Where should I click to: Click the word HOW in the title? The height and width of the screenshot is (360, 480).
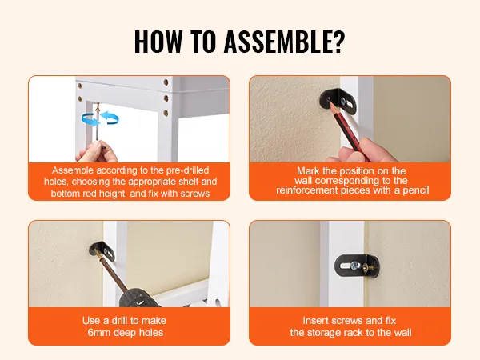[x=158, y=42]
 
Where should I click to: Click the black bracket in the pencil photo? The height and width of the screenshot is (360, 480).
[x=338, y=101]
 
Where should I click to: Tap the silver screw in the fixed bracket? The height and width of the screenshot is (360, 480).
[x=354, y=266]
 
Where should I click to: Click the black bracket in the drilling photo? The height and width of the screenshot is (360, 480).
[x=102, y=251]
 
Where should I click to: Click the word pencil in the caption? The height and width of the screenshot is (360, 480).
[x=416, y=190]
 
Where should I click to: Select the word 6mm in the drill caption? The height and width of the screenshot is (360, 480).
[x=98, y=333]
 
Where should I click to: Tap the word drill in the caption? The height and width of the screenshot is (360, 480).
[x=120, y=321]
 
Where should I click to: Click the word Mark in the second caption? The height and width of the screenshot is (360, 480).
[x=308, y=171]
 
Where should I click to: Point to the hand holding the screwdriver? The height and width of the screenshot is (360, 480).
[x=97, y=152]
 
